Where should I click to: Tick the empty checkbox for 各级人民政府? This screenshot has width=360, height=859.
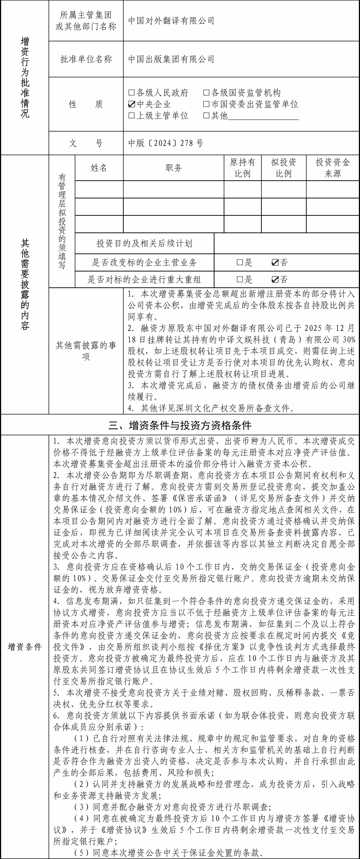click(x=132, y=93)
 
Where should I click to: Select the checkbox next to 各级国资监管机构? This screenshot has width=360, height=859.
click(x=206, y=93)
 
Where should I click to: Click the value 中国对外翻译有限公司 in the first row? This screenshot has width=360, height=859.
click(x=171, y=21)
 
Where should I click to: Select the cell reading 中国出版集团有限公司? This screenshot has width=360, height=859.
click(x=171, y=59)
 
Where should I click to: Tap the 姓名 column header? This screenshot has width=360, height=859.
click(x=99, y=168)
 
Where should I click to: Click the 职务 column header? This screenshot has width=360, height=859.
click(x=173, y=168)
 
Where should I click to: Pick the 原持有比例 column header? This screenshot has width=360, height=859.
click(x=242, y=168)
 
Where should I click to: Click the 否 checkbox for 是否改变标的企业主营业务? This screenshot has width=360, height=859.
click(x=275, y=262)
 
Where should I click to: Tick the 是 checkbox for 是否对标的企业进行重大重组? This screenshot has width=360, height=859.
click(x=240, y=279)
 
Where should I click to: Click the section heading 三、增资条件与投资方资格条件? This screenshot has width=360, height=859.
click(x=180, y=425)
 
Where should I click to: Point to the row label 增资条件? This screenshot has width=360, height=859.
click(x=25, y=647)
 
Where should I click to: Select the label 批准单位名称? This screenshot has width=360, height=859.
click(x=86, y=59)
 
